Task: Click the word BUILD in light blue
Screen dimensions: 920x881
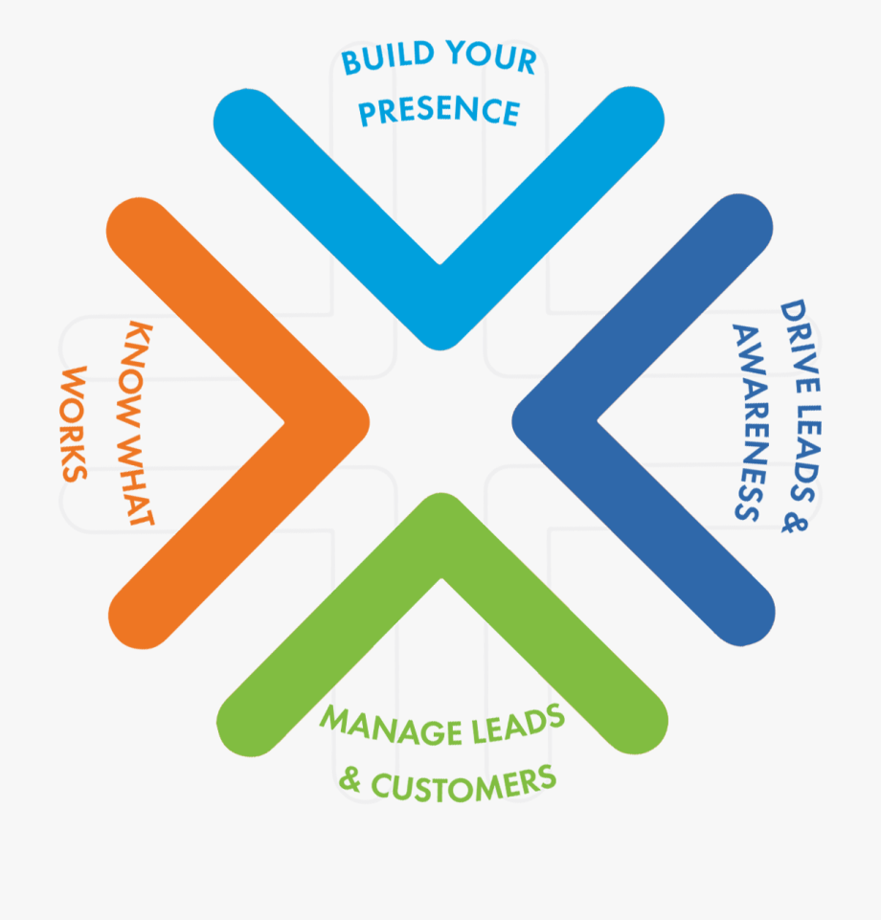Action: coord(381,61)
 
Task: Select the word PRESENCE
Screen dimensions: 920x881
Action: coord(439,111)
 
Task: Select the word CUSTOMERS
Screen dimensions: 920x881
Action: coord(463,783)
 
